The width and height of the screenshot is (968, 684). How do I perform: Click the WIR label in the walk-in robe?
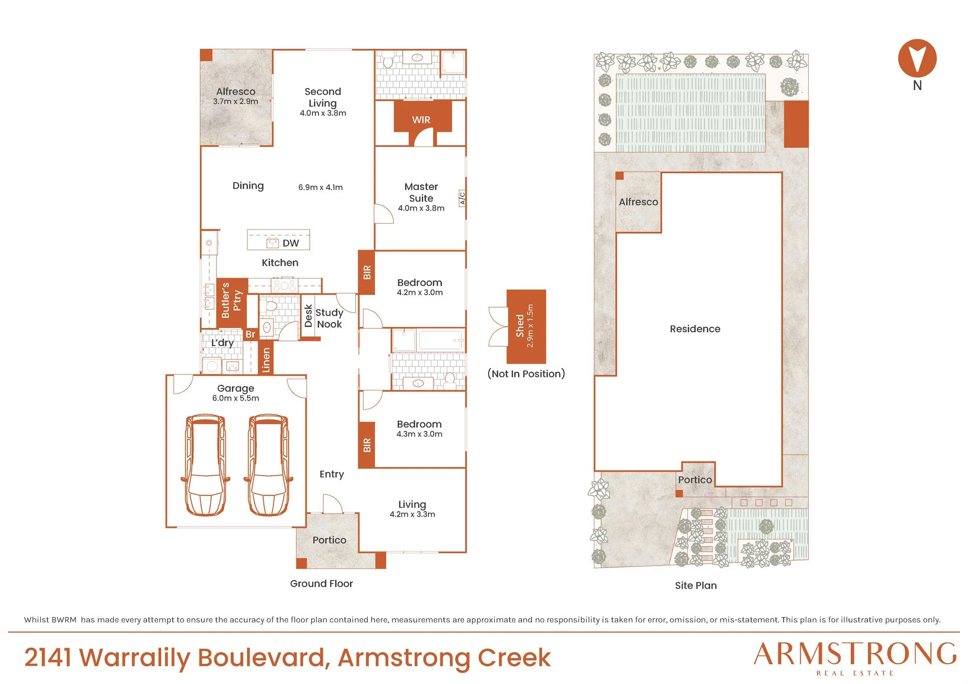click(421, 119)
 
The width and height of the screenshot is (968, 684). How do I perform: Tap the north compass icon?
click(917, 59)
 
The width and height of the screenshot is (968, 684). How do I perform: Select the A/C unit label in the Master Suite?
click(462, 198)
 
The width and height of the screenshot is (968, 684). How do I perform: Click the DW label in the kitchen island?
click(291, 243)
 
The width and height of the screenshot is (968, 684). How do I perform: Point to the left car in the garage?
click(205, 465)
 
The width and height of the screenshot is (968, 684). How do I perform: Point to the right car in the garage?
click(269, 465)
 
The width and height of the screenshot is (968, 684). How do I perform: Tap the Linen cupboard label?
click(266, 360)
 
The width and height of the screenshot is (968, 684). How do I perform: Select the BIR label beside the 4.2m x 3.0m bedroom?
click(367, 272)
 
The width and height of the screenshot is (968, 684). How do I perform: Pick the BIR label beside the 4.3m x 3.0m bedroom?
click(367, 445)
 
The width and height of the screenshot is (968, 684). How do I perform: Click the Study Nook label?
click(329, 318)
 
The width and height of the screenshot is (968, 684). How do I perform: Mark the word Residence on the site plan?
click(695, 329)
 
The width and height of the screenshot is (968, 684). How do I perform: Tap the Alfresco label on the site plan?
click(638, 202)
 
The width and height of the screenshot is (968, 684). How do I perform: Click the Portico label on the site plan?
click(695, 479)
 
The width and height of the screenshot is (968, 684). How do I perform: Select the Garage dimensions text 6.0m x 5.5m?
click(236, 398)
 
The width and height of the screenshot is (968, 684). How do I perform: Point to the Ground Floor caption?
click(321, 583)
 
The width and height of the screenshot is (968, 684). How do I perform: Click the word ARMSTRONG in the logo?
click(855, 654)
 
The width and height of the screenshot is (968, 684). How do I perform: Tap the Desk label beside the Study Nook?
click(308, 316)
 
